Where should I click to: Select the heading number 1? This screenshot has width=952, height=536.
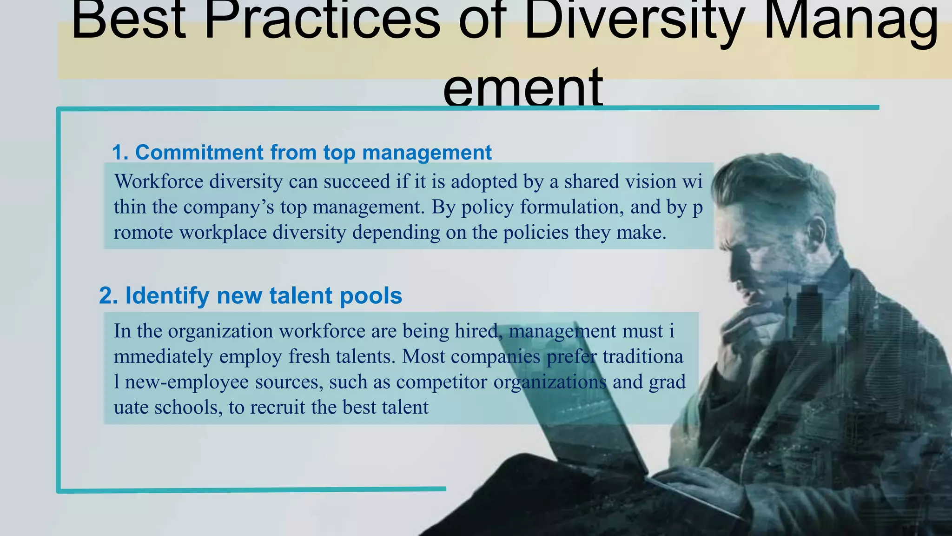click(120, 153)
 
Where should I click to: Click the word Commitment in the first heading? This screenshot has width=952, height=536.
click(199, 153)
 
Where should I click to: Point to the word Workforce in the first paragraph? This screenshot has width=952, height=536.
click(159, 181)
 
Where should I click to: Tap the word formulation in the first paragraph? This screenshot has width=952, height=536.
click(571, 207)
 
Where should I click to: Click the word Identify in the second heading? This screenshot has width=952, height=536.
click(167, 296)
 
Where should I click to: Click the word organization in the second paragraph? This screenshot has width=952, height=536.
click(220, 331)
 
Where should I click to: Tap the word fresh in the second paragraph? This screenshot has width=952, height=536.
click(309, 357)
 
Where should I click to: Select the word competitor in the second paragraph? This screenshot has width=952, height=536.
click(442, 382)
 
